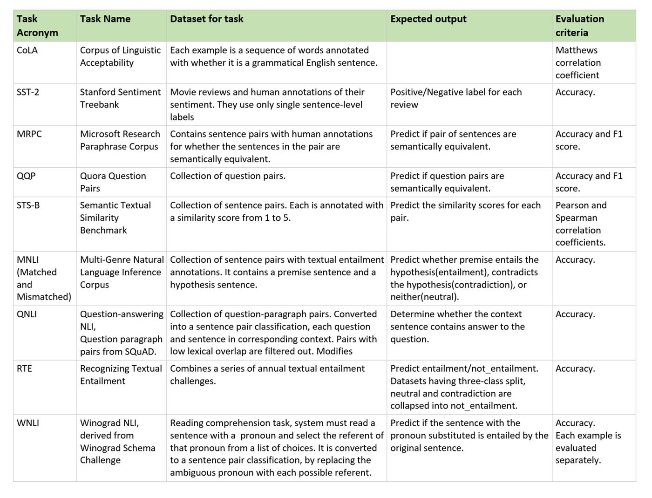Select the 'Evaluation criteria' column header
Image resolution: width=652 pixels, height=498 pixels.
point(579,26)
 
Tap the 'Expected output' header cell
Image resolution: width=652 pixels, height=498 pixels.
point(428,19)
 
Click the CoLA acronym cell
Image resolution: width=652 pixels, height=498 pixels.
point(27,50)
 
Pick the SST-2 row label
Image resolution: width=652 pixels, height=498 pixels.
point(28,92)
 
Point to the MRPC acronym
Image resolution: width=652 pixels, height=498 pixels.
point(29,134)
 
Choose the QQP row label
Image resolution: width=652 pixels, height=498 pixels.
point(26,176)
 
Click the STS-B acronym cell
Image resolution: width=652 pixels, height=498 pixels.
point(28,205)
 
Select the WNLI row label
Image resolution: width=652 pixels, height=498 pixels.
point(28,423)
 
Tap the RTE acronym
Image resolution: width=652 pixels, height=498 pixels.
point(24,368)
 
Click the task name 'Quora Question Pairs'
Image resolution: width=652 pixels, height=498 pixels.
point(113,182)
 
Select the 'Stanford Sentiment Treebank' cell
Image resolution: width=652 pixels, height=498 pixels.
point(120,98)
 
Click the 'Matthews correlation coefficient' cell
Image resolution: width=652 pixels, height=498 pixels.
point(578,62)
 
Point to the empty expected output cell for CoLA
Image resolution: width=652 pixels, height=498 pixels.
point(469,62)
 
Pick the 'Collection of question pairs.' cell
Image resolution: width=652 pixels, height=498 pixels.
point(228,176)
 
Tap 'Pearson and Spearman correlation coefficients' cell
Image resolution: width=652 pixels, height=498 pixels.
point(580,224)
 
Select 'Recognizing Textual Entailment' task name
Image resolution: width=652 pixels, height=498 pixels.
point(121,375)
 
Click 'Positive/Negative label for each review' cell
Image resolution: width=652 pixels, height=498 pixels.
point(455,98)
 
